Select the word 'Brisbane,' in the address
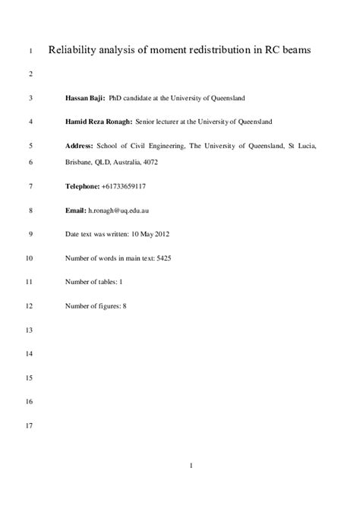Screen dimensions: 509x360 pyautogui.click(x=81, y=162)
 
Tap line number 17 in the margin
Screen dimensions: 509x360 pyautogui.click(x=30, y=425)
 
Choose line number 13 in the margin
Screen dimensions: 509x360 pyautogui.click(x=30, y=330)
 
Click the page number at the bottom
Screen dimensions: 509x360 pyautogui.click(x=192, y=487)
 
